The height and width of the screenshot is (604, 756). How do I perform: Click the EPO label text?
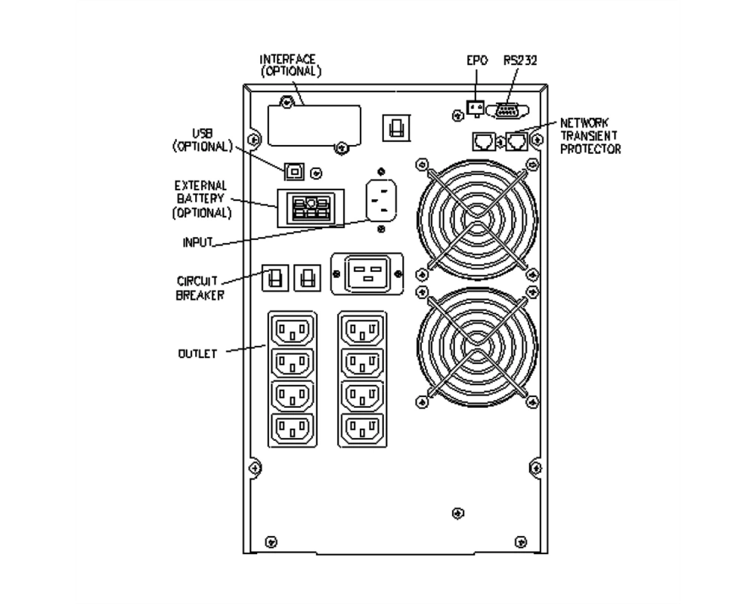(477, 60)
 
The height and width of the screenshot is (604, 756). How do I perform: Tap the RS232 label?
(520, 60)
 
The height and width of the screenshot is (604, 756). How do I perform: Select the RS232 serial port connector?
(507, 111)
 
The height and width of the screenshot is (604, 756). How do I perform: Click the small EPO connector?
(476, 107)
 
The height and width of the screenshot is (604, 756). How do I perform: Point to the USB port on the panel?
(294, 171)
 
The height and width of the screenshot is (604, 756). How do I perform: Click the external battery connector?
(311, 208)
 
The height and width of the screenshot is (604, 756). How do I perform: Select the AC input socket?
(381, 200)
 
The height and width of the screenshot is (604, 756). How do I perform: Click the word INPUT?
(197, 242)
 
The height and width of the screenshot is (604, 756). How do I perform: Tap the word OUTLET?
(197, 353)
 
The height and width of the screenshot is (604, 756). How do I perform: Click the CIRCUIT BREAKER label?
(200, 288)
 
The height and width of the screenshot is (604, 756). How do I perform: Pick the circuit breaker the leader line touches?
(275, 278)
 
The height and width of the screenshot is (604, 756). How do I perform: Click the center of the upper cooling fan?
(477, 219)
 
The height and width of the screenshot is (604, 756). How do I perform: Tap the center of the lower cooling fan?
(477, 347)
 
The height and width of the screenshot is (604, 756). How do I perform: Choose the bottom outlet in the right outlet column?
(362, 428)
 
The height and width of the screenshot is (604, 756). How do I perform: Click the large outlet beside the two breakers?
(367, 273)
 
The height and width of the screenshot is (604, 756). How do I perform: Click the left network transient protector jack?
(484, 142)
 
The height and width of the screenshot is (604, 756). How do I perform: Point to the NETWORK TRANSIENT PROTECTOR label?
(590, 137)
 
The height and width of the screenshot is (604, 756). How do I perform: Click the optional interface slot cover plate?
(314, 125)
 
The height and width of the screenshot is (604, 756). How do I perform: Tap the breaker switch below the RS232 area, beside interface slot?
(396, 128)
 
